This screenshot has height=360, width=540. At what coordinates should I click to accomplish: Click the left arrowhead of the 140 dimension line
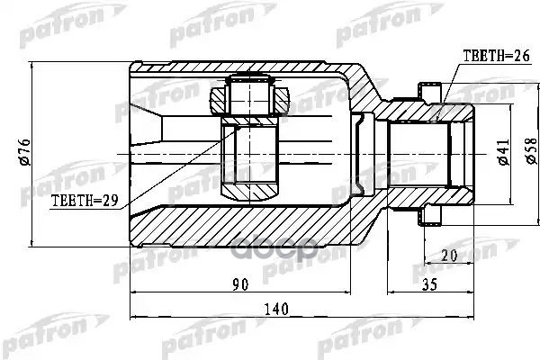135,318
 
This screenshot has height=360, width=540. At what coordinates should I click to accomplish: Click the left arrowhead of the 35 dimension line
392,292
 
